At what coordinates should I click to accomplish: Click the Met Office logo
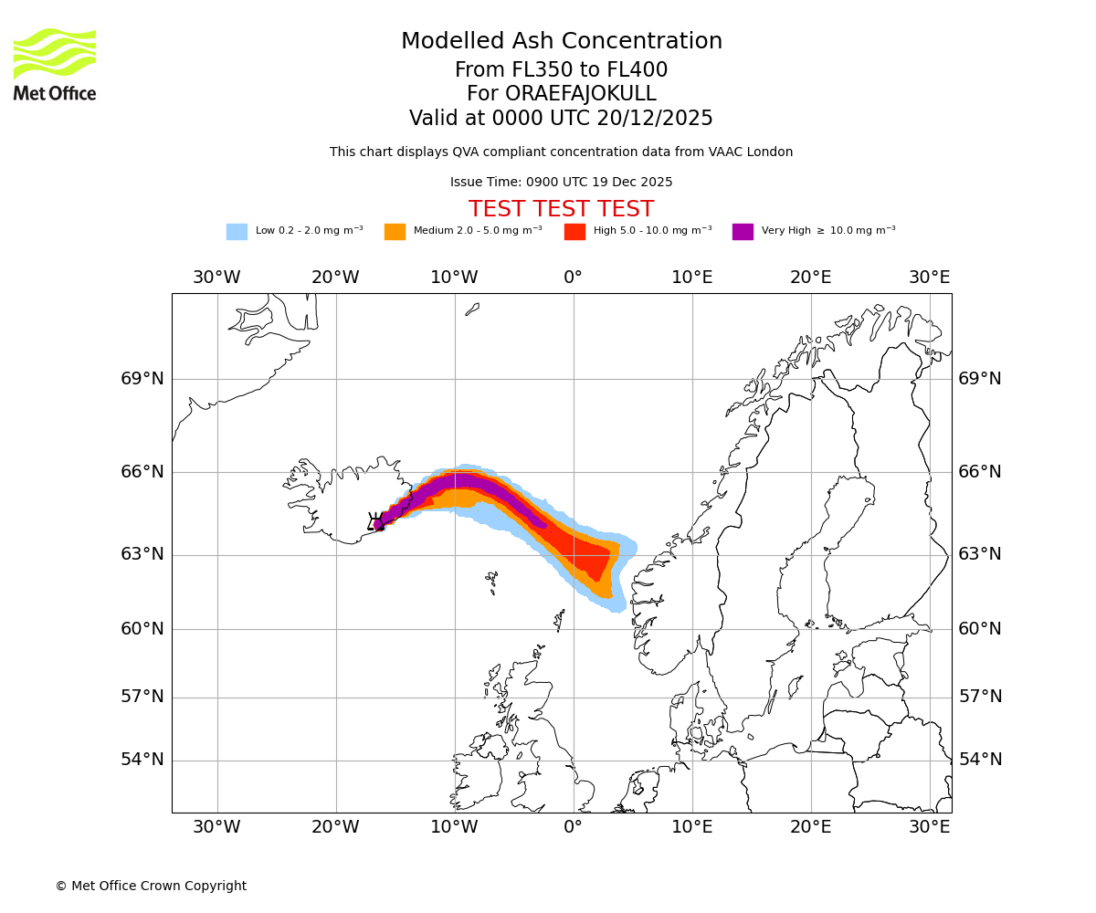[55, 64]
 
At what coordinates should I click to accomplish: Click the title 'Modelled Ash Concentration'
[562, 42]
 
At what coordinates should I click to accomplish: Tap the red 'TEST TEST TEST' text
[562, 209]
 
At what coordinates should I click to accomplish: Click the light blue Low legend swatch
[237, 232]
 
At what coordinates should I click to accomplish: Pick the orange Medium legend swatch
[395, 232]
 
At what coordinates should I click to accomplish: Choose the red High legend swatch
[574, 232]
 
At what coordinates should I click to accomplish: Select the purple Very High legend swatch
[743, 232]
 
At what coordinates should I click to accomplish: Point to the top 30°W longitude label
[216, 278]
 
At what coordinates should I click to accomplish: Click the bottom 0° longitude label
[573, 827]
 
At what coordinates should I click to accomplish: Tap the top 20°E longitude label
[810, 278]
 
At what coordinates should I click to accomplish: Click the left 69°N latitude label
[142, 379]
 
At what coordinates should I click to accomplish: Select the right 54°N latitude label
[980, 760]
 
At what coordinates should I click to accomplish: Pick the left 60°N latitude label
[142, 629]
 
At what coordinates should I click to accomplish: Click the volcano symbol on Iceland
[375, 521]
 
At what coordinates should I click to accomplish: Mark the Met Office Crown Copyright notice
[151, 886]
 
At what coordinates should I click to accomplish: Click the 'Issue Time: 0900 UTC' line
[562, 183]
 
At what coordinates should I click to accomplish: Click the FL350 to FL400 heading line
[562, 70]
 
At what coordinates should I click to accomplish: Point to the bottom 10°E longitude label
[691, 827]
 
